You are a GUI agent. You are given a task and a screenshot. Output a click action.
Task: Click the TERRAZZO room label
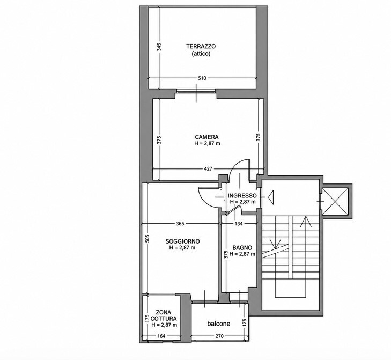coord(201,46)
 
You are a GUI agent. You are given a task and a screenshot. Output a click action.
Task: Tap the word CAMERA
coord(206,137)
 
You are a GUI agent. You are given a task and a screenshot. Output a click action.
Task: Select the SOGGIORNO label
coord(182,241)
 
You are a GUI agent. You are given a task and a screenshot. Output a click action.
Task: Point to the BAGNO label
coord(242,248)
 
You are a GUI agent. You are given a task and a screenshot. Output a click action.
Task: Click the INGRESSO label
coord(242,196)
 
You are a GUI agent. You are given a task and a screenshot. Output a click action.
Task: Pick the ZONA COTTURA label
coord(164,315)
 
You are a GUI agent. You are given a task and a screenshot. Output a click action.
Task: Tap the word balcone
coord(219,324)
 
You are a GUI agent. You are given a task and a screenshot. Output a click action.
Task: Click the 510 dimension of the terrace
coord(202,78)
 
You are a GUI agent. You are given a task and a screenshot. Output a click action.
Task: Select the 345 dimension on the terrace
coord(159,47)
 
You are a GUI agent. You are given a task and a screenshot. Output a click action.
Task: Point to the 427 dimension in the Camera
coord(208,169)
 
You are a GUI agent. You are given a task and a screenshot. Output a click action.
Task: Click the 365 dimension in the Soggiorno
coord(180,224)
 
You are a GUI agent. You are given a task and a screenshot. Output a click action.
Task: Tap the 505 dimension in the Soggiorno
coord(147,239)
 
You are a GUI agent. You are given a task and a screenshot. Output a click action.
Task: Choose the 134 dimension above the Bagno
coord(239,224)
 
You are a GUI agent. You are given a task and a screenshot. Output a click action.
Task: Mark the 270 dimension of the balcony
coord(219,336)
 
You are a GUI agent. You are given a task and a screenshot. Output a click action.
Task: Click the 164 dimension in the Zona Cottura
coord(161,336)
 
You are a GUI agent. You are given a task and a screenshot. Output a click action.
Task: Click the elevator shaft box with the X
coord(335,201)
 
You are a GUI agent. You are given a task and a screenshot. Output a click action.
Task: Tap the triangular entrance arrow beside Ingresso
coord(271,197)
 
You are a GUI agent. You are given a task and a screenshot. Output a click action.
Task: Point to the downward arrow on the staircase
coord(275,244)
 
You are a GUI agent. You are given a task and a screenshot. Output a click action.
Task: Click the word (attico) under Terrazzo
coord(201,54)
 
